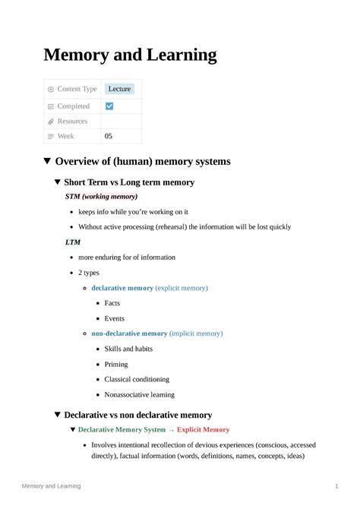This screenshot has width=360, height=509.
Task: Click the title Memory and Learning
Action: [130, 55]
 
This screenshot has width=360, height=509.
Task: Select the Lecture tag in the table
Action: [119, 89]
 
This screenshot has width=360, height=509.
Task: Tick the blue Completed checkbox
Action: [109, 106]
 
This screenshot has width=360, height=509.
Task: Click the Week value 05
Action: [109, 136]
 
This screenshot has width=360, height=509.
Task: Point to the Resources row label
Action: [72, 122]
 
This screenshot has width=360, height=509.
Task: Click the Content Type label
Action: [77, 89]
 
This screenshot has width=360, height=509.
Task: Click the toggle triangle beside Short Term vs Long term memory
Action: [58, 182]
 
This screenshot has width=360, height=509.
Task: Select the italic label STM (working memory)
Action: [101, 197]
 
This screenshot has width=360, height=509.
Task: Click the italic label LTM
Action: [73, 242]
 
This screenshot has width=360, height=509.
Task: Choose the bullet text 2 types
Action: [89, 273]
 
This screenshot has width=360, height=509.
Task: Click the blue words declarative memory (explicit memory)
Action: [150, 288]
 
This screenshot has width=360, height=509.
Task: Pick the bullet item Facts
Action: [112, 303]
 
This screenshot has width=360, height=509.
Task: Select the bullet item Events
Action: [114, 318]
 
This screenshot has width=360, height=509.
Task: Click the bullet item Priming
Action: [116, 364]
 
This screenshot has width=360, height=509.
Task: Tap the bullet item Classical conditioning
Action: [139, 379]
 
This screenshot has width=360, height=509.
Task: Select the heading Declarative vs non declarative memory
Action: [138, 415]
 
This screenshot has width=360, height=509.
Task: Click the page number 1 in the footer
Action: [336, 486]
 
